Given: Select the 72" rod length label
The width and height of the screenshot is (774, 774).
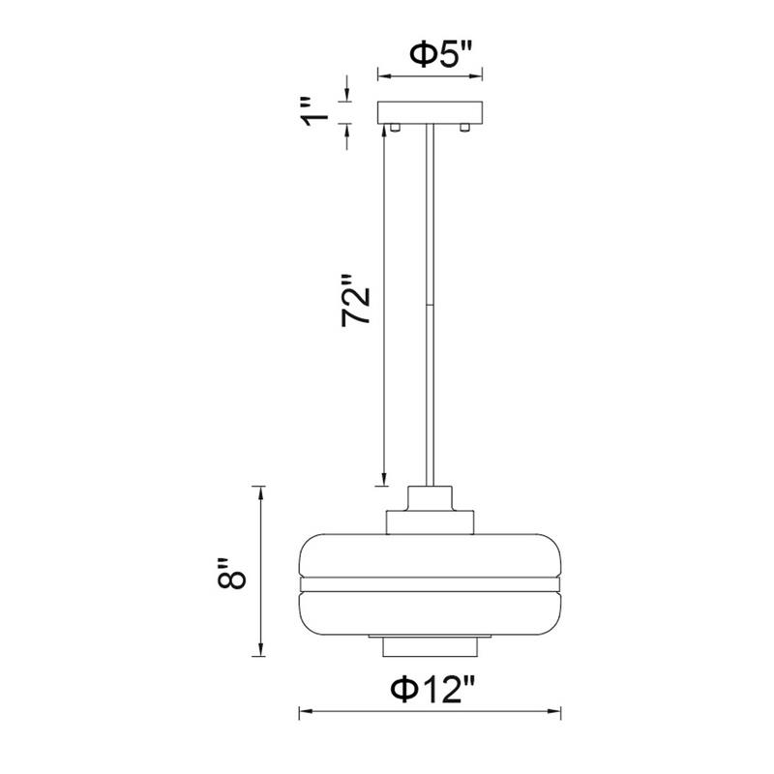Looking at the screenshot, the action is (x=355, y=300).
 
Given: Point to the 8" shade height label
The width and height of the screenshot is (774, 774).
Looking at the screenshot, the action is (x=231, y=575).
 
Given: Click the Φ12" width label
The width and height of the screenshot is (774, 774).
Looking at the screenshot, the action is (x=432, y=690).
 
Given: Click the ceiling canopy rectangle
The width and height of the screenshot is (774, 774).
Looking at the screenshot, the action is (x=430, y=112).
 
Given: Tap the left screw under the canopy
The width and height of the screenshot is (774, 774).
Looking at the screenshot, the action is (x=395, y=128).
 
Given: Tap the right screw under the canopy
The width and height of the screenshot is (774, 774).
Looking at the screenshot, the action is (x=464, y=128).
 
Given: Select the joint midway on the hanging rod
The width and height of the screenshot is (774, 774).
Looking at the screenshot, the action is (x=430, y=305).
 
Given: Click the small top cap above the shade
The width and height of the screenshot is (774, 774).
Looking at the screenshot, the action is (x=430, y=498).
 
